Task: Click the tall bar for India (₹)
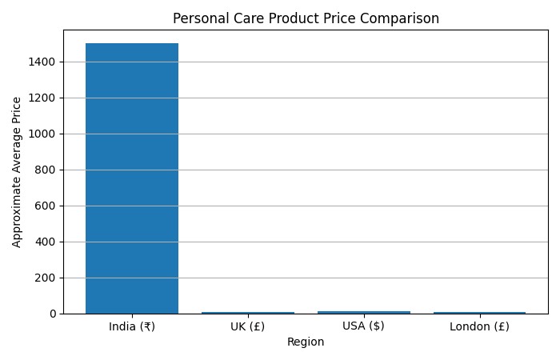pyautogui.click(x=132, y=178)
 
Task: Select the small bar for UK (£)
pyautogui.click(x=248, y=312)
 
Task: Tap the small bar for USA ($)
pyautogui.click(x=364, y=312)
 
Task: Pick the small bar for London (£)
pyautogui.click(x=479, y=312)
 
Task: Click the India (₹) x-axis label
pyautogui.click(x=132, y=326)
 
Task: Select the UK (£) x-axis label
pyautogui.click(x=248, y=326)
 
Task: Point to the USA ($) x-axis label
pyautogui.click(x=364, y=326)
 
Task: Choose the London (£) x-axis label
pyautogui.click(x=479, y=326)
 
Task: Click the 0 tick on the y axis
pyautogui.click(x=53, y=314)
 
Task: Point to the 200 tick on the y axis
pyautogui.click(x=47, y=278)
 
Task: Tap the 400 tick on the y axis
pyautogui.click(x=47, y=242)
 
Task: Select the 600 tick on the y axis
pyautogui.click(x=47, y=206)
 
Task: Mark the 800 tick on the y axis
pyautogui.click(x=47, y=170)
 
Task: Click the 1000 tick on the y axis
pyautogui.click(x=45, y=134)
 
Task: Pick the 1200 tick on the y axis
pyautogui.click(x=45, y=98)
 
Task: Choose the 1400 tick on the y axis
pyautogui.click(x=45, y=62)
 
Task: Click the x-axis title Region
pyautogui.click(x=306, y=342)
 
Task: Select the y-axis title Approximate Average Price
pyautogui.click(x=18, y=172)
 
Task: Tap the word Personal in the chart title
pyautogui.click(x=199, y=18)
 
